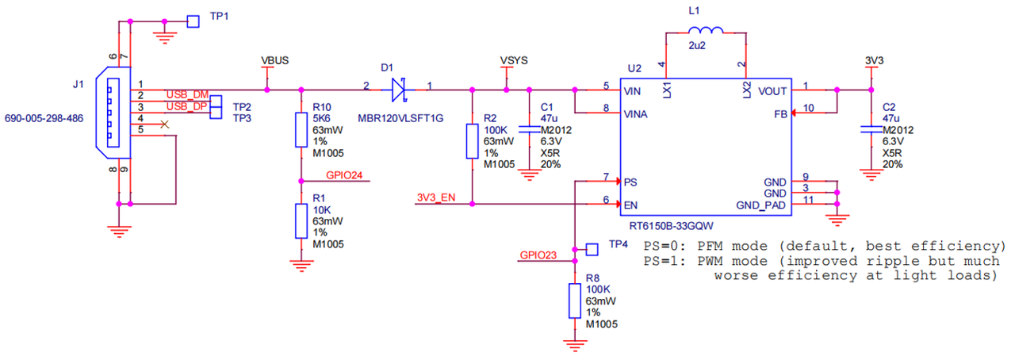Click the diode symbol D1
click(398, 90)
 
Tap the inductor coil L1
click(706, 30)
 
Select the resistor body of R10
click(301, 130)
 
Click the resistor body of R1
click(301, 220)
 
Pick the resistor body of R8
click(575, 301)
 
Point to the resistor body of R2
click(472, 141)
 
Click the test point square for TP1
click(193, 21)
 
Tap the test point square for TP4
click(592, 249)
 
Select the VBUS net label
click(274, 60)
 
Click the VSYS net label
click(514, 60)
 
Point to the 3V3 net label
click(874, 60)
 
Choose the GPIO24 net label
click(344, 175)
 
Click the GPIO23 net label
click(538, 255)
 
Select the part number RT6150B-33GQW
click(671, 226)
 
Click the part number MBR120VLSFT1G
click(400, 118)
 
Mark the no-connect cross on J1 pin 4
click(164, 124)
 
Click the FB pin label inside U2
click(780, 114)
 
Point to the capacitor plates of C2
click(871, 130)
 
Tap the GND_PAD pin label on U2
click(760, 205)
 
